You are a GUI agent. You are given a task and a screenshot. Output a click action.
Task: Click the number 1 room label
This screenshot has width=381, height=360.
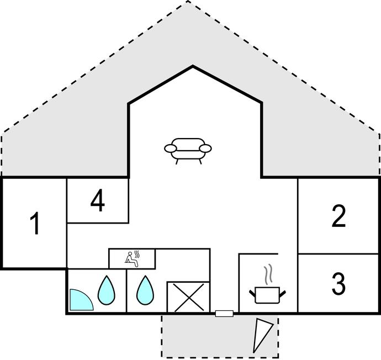[x=35, y=223]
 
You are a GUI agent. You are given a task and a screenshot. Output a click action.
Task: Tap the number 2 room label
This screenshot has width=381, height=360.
[x=338, y=216]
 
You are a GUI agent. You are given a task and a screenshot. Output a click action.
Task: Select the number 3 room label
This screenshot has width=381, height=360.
[x=338, y=283]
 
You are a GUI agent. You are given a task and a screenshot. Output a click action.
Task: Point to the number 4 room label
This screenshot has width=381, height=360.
[x=98, y=200]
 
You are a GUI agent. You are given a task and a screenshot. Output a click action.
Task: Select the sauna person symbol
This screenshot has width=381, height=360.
[x=131, y=259]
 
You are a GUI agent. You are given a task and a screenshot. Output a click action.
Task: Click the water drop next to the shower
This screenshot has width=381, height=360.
[x=107, y=290]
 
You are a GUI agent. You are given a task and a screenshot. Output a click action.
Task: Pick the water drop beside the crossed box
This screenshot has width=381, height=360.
[x=145, y=290]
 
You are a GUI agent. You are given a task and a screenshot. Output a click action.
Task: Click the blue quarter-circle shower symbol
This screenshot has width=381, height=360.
[x=81, y=300]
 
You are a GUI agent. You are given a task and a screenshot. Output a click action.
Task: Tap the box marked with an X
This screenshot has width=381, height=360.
[x=188, y=297]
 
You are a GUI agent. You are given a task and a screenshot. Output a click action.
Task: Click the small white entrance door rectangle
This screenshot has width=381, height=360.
[x=224, y=314]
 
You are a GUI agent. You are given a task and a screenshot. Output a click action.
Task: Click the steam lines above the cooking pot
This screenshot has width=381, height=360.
[x=268, y=274]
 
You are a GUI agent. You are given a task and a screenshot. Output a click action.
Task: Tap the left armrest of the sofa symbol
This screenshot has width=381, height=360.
[x=171, y=148]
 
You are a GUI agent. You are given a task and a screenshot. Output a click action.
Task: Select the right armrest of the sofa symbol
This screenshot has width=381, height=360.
[x=205, y=148]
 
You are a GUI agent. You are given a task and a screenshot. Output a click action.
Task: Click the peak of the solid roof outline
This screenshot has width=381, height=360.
[x=193, y=66]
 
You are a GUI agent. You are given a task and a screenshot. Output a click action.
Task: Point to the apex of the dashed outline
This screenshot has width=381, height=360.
[x=187, y=1]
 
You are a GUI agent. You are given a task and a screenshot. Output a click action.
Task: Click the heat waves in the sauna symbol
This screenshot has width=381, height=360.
[x=137, y=255]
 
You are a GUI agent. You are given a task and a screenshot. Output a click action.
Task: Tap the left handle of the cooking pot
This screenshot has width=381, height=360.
[x=252, y=293]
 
